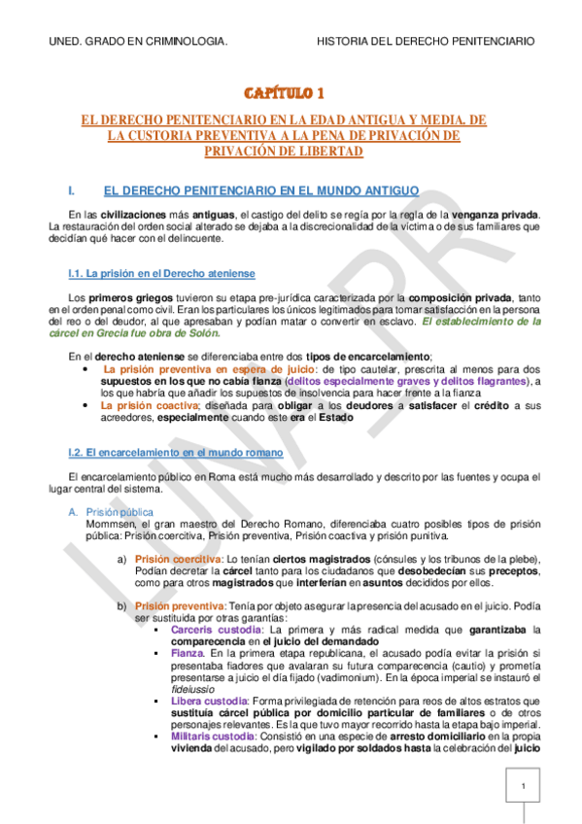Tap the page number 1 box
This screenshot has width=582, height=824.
pos(523,786)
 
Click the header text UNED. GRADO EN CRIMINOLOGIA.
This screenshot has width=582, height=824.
pos(138,42)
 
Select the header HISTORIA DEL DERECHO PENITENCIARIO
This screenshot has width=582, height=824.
pos(426,42)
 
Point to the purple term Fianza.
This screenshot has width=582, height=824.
pos(187,654)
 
